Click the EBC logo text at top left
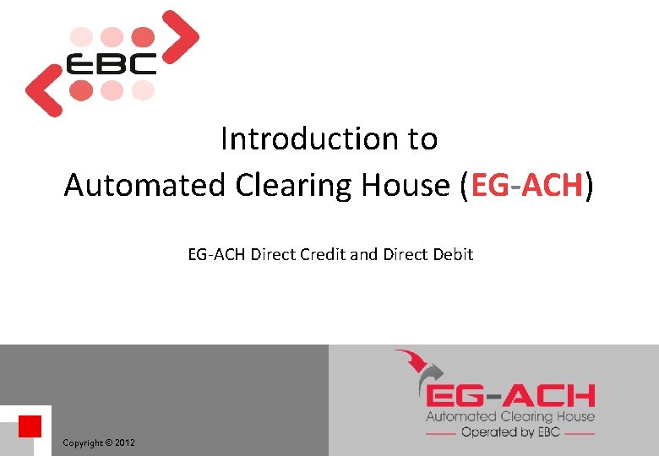(112, 64)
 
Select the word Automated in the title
(133, 185)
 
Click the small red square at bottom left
(30, 426)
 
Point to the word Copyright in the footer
(82, 442)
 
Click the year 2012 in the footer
(124, 442)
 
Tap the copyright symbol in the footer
(108, 442)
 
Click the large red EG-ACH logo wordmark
(510, 395)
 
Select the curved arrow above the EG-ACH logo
(422, 368)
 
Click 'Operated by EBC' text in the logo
(509, 432)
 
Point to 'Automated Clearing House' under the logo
(509, 415)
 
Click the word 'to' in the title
(422, 138)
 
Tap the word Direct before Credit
(271, 253)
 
